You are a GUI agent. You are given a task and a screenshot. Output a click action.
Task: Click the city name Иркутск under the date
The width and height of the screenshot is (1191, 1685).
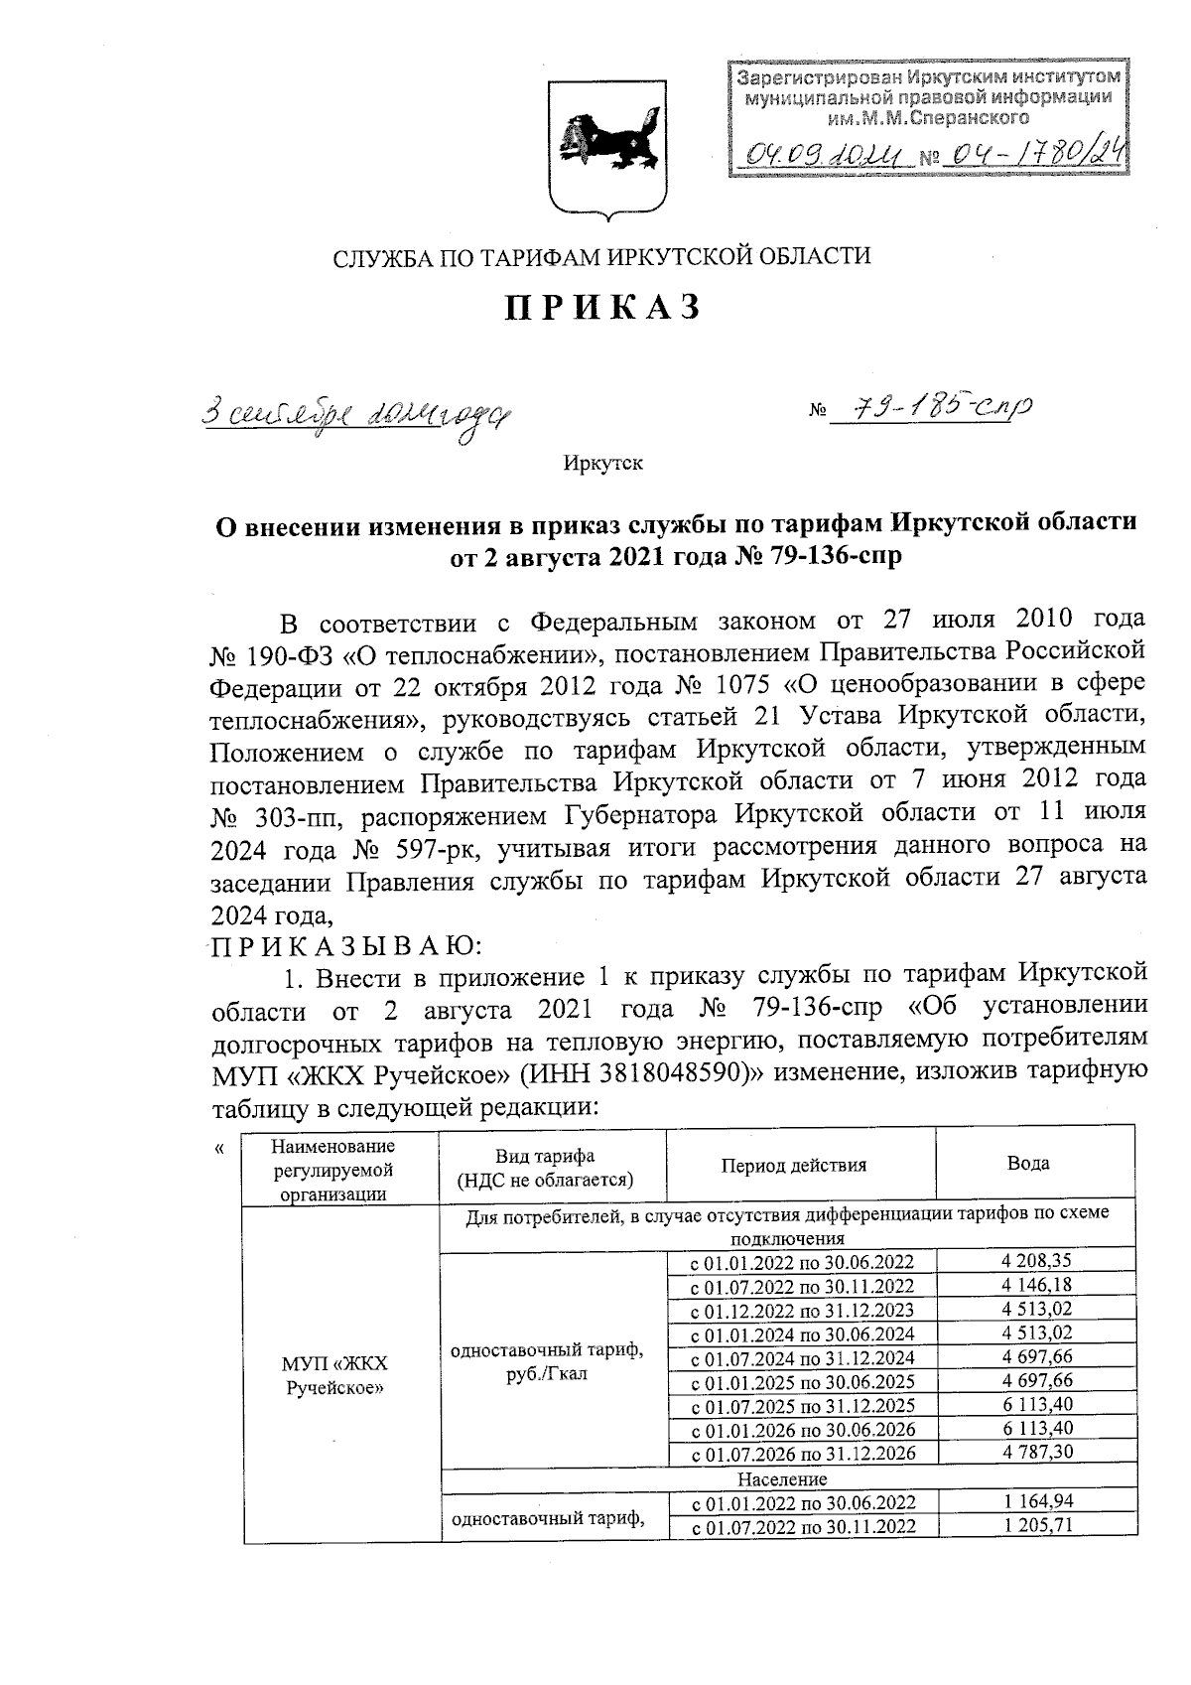pyautogui.click(x=602, y=464)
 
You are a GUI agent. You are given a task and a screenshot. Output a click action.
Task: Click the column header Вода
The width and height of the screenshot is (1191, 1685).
pyautogui.click(x=1028, y=1164)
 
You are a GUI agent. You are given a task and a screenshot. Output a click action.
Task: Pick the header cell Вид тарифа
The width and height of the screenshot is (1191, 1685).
pyautogui.click(x=545, y=1167)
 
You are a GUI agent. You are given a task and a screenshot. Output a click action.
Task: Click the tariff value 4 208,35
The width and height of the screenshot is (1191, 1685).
pyautogui.click(x=1038, y=1262)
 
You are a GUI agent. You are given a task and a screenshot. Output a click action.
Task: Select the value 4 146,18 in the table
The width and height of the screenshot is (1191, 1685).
pyautogui.click(x=1038, y=1286)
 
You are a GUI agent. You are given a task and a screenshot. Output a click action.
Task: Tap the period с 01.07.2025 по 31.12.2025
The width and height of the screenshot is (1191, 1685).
pyautogui.click(x=802, y=1406)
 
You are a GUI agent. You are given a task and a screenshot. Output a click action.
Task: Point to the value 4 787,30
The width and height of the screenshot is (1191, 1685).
pyautogui.click(x=1038, y=1453)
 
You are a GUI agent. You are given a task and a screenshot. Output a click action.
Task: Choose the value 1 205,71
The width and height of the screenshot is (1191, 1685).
pyautogui.click(x=1038, y=1526)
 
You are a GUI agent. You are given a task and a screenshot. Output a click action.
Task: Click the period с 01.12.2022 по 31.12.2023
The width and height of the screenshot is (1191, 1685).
pyautogui.click(x=802, y=1311)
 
